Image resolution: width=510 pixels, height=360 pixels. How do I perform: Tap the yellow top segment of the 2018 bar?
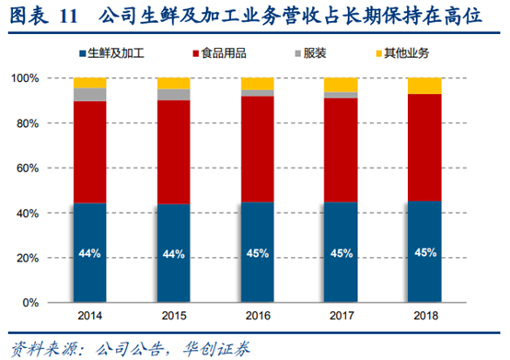pos(424,86)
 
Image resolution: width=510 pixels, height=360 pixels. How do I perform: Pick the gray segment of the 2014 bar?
pos(89,94)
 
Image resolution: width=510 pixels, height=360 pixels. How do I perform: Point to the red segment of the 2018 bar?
pos(424,147)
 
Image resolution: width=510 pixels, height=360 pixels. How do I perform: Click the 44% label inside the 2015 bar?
pos(173,253)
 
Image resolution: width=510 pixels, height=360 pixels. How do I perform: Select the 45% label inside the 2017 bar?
pos(341,252)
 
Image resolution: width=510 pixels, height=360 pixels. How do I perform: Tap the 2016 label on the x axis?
pos(257,317)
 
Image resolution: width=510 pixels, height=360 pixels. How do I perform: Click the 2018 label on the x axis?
pos(424,317)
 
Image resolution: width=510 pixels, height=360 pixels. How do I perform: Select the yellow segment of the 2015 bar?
pos(173,83)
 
